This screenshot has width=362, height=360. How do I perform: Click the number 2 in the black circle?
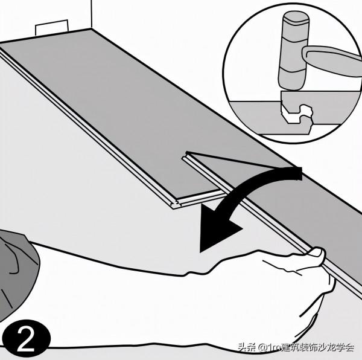pyautogui.click(x=26, y=339)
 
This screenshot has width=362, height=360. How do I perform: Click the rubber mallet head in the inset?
pyautogui.click(x=294, y=51)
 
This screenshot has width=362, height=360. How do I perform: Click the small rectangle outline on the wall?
pyautogui.click(x=52, y=27)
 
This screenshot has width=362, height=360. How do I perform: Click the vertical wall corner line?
pyautogui.click(x=92, y=14)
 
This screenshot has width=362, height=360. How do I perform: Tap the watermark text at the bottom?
pyautogui.click(x=296, y=347)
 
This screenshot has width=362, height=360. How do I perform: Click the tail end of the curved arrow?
pyautogui.click(x=299, y=173)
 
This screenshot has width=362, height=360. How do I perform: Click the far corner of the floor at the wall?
pyautogui.click(x=92, y=28)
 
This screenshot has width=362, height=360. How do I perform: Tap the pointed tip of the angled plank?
pyautogui.click(x=186, y=152)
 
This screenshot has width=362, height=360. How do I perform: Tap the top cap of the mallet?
pyautogui.click(x=296, y=17)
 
